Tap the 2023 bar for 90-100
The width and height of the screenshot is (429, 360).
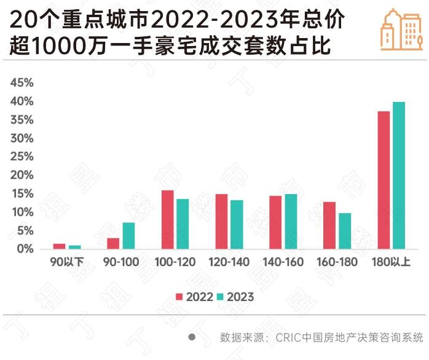(128, 235)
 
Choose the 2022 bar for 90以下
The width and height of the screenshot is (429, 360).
(59, 246)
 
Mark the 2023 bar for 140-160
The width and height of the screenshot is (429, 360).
(291, 221)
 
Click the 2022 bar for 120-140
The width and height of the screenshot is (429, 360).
(222, 221)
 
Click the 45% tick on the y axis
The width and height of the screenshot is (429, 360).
(22, 83)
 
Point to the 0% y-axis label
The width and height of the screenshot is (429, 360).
(24, 249)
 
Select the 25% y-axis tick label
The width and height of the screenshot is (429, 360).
(22, 157)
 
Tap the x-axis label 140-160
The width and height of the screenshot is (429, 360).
(283, 262)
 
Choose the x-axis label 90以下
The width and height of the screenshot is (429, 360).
(67, 262)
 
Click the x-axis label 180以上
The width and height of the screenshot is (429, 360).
(392, 262)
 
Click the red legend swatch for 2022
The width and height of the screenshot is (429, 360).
(179, 297)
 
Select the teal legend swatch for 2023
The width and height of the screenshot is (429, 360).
(220, 297)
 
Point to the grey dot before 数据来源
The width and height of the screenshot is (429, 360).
(192, 337)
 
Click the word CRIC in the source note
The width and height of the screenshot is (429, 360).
(288, 337)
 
